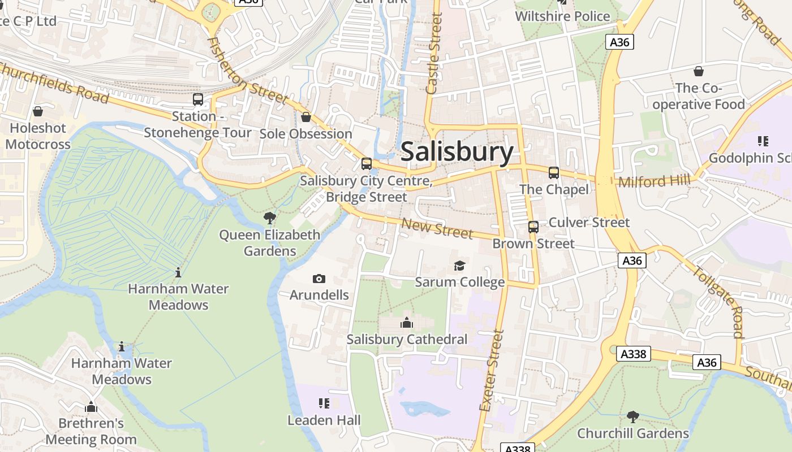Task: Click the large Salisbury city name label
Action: tap(457, 152)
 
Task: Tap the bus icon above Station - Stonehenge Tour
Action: tap(198, 99)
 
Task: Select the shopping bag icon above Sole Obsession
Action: tap(306, 117)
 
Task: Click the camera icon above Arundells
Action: tap(319, 279)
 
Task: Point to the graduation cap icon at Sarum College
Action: tap(459, 266)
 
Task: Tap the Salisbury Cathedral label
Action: tap(407, 340)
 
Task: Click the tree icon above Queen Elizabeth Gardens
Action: tap(270, 218)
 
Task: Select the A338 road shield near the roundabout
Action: tap(633, 354)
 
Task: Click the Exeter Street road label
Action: tap(491, 370)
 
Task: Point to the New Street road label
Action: tap(437, 228)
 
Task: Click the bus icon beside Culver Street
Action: tap(533, 227)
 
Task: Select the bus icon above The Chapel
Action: tap(553, 173)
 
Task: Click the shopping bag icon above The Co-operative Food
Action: tap(699, 71)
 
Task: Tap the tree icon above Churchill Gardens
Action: tap(632, 417)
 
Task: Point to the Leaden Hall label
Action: tap(324, 420)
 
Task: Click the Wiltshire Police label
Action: tap(562, 16)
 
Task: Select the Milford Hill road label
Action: tap(654, 181)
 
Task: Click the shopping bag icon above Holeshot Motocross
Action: tap(38, 111)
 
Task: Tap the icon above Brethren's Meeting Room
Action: tap(91, 407)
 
